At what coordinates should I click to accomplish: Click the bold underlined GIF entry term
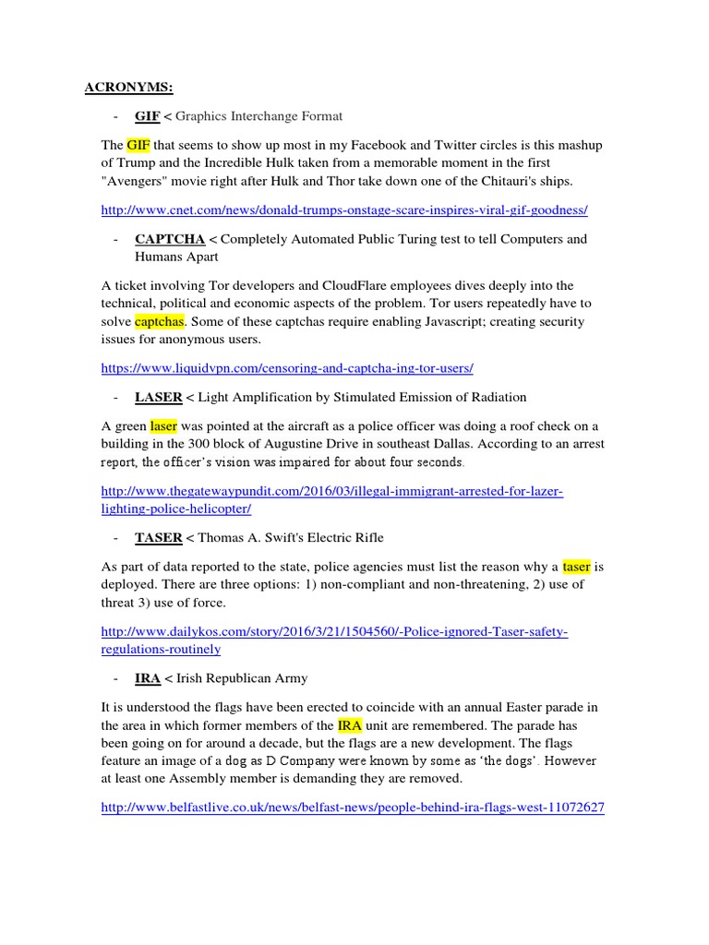[x=147, y=116]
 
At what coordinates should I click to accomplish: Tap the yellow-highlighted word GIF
[x=138, y=145]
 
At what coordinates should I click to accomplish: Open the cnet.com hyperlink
[x=344, y=210]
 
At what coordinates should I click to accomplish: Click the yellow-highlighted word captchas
[x=160, y=321]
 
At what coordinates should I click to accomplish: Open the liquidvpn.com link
[x=287, y=368]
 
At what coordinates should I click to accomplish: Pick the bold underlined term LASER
[x=158, y=397]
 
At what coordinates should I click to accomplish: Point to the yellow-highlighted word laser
[x=163, y=425]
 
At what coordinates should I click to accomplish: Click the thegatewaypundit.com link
[x=332, y=492]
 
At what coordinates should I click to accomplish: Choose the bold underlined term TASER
[x=158, y=537]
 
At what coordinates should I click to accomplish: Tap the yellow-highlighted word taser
[x=576, y=566]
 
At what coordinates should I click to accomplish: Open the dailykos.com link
[x=334, y=632]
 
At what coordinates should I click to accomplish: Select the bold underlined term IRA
[x=148, y=678]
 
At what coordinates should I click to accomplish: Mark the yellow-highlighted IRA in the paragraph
[x=350, y=725]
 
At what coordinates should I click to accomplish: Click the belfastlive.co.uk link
[x=353, y=807]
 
